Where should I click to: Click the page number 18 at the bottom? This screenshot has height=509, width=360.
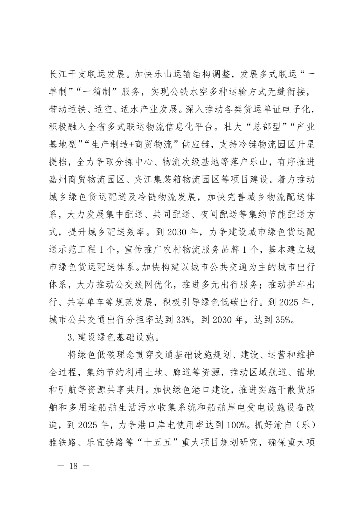coord(73,465)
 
